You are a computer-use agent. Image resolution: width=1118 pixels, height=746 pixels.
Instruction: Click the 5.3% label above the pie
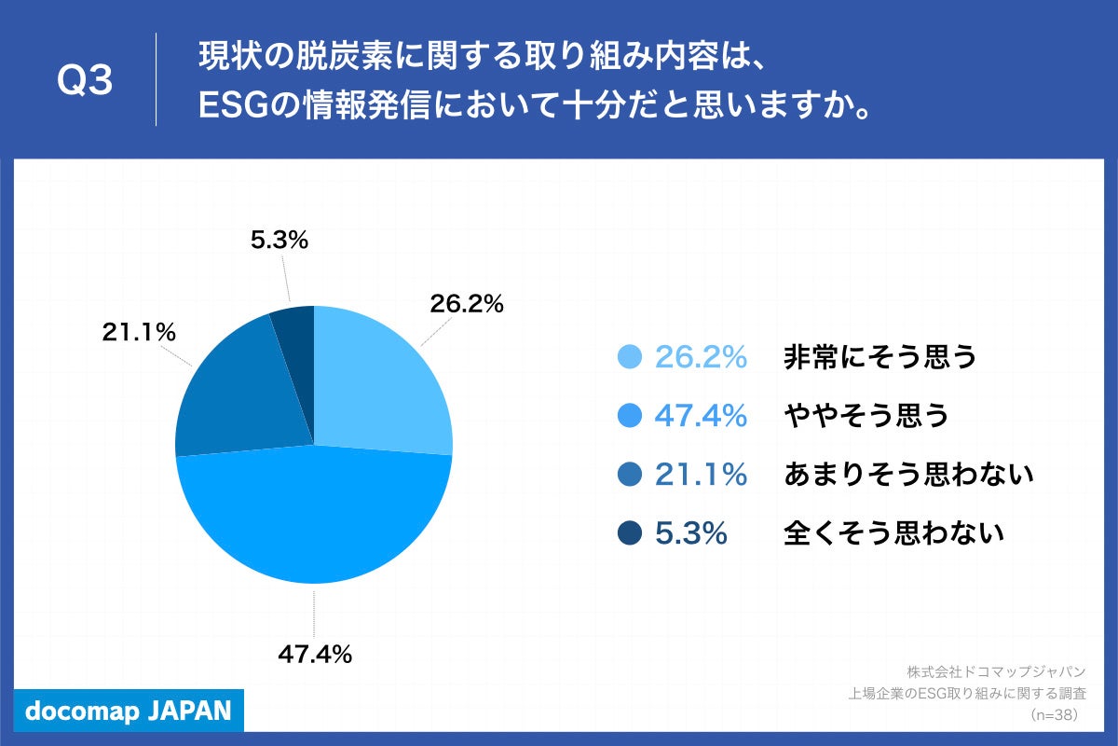[x=279, y=241]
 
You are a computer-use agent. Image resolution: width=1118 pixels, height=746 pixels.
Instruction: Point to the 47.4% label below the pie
[x=315, y=655]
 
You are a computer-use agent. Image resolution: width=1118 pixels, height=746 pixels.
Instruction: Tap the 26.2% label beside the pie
[x=466, y=304]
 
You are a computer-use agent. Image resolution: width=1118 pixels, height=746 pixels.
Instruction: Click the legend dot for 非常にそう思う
[x=631, y=357]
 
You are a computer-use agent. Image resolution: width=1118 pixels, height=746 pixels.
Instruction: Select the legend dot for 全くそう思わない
[x=631, y=533]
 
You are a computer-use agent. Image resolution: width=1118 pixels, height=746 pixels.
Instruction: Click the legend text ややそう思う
[x=866, y=416]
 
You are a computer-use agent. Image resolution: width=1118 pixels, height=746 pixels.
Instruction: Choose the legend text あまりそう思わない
[x=909, y=475]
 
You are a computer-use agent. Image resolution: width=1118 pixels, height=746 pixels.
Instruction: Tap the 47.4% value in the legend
[x=701, y=416]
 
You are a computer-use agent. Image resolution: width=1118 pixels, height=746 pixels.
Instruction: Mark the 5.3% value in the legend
[x=690, y=533]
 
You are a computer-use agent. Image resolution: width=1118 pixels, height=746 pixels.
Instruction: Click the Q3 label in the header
[x=85, y=81]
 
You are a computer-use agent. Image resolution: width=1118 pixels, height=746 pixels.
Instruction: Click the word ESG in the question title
[x=226, y=106]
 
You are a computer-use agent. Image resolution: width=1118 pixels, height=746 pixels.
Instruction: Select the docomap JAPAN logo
[x=129, y=711]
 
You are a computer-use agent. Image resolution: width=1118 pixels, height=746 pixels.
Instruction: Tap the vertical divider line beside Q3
[x=156, y=79]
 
